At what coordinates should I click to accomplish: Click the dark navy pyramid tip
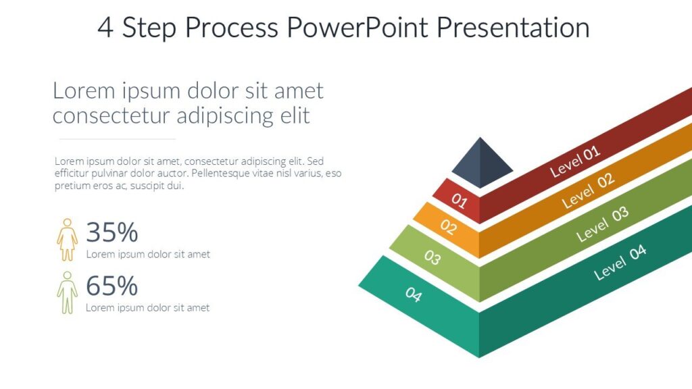click(x=481, y=163)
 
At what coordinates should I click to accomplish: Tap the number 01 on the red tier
click(x=459, y=201)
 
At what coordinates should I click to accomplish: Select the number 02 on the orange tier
click(x=449, y=227)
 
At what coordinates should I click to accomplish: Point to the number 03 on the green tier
click(x=432, y=257)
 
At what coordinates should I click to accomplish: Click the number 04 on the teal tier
click(x=414, y=294)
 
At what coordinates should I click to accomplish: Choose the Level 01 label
click(x=575, y=161)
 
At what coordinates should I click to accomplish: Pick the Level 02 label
click(x=588, y=190)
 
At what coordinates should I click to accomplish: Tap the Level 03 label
click(x=602, y=224)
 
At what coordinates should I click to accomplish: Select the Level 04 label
click(x=620, y=262)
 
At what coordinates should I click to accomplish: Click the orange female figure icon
click(x=67, y=240)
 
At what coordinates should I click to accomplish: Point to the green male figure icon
click(x=67, y=292)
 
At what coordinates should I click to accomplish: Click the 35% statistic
click(x=112, y=232)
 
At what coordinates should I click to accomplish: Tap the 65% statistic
click(x=112, y=286)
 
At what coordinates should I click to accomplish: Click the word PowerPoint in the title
click(x=357, y=27)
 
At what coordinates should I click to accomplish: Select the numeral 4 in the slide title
click(x=105, y=28)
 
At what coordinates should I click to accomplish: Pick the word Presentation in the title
click(x=514, y=27)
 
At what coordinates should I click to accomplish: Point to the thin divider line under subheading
click(x=118, y=139)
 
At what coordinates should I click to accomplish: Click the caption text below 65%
click(x=148, y=307)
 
